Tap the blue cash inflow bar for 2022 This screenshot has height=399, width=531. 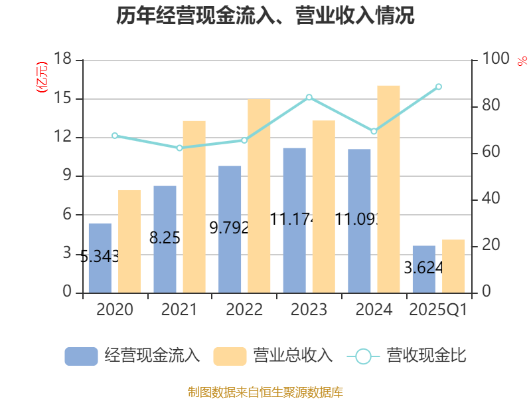(230, 229)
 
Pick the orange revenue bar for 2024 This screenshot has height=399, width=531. (389, 189)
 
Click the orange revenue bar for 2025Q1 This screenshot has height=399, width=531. (453, 266)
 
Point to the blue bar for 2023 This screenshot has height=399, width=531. (294, 219)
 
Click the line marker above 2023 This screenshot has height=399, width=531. (309, 97)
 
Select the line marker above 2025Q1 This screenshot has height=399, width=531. (439, 86)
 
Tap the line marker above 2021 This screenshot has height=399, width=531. (179, 148)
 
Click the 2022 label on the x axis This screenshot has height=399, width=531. (244, 310)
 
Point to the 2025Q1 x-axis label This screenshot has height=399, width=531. (438, 310)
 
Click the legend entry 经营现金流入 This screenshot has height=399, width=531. (133, 356)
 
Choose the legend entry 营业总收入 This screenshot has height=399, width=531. (273, 356)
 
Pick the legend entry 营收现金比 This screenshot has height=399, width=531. (406, 356)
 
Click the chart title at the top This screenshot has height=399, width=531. (265, 16)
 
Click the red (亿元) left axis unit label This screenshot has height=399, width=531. (42, 76)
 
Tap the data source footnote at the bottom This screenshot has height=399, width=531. (265, 392)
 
